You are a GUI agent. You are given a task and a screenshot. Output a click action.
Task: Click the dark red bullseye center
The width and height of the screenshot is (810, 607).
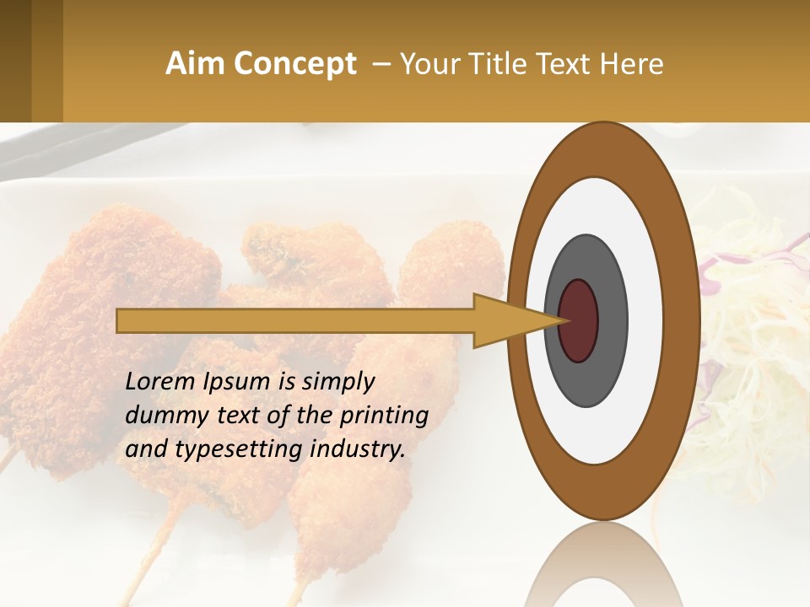pos(578,320)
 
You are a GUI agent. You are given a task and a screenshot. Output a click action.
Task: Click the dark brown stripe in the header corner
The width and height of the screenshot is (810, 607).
pos(15,61)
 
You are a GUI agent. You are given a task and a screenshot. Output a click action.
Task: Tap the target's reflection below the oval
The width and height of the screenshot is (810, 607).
pos(603,569)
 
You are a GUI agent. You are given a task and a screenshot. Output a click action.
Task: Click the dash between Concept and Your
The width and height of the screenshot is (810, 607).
pos(381,64)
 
